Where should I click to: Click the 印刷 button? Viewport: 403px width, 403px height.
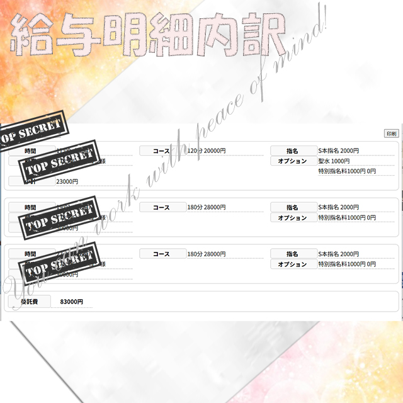click(x=391, y=133)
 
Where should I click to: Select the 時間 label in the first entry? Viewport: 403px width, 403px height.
click(x=31, y=151)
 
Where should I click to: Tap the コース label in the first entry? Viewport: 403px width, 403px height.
click(x=162, y=151)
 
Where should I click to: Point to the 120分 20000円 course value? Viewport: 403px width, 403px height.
click(x=207, y=151)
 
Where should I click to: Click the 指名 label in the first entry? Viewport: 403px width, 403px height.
click(x=292, y=151)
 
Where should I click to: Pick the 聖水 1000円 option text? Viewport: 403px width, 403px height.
click(x=334, y=161)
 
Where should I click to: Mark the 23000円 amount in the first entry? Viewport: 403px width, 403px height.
click(x=67, y=181)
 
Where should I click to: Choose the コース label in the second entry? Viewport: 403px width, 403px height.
click(x=162, y=207)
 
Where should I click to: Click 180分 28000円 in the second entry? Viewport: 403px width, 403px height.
click(x=207, y=207)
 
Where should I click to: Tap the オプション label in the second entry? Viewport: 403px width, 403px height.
click(x=292, y=218)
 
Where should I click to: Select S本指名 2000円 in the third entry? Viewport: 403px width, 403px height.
click(x=339, y=254)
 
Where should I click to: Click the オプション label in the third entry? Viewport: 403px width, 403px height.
click(x=292, y=264)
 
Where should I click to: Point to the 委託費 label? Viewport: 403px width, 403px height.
click(x=29, y=302)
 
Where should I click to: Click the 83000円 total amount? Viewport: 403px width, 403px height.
click(x=72, y=302)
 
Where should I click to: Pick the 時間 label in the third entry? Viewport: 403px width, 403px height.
click(x=31, y=254)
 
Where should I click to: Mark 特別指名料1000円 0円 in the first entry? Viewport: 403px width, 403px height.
click(x=347, y=171)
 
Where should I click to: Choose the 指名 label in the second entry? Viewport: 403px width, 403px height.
click(x=292, y=207)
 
